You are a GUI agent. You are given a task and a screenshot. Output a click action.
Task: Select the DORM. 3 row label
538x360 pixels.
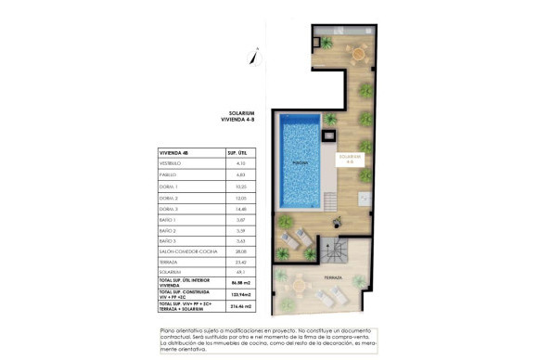(171, 209)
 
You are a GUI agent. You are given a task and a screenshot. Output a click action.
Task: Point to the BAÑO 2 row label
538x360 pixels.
(171, 231)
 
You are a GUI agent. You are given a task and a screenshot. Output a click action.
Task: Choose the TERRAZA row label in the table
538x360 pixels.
(172, 264)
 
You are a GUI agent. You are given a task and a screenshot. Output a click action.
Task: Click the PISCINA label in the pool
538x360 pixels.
(300, 161)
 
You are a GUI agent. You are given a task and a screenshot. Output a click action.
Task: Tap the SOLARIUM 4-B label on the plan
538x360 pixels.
(349, 159)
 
